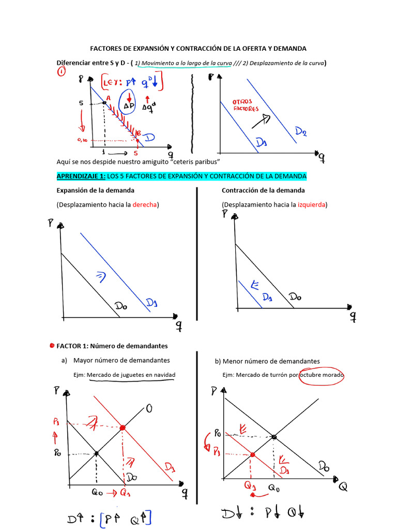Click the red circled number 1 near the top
(62, 73)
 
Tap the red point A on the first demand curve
(105, 102)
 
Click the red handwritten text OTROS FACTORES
(246, 105)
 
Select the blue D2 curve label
(301, 132)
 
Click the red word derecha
(145, 204)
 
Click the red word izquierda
(312, 204)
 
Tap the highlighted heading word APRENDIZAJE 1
(80, 176)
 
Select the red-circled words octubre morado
(322, 375)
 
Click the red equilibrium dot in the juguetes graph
(123, 428)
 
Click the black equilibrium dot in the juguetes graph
(96, 453)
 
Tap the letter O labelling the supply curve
(149, 409)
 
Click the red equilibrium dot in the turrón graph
(252, 454)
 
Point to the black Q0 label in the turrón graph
(274, 488)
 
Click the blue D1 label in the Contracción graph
(267, 298)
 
